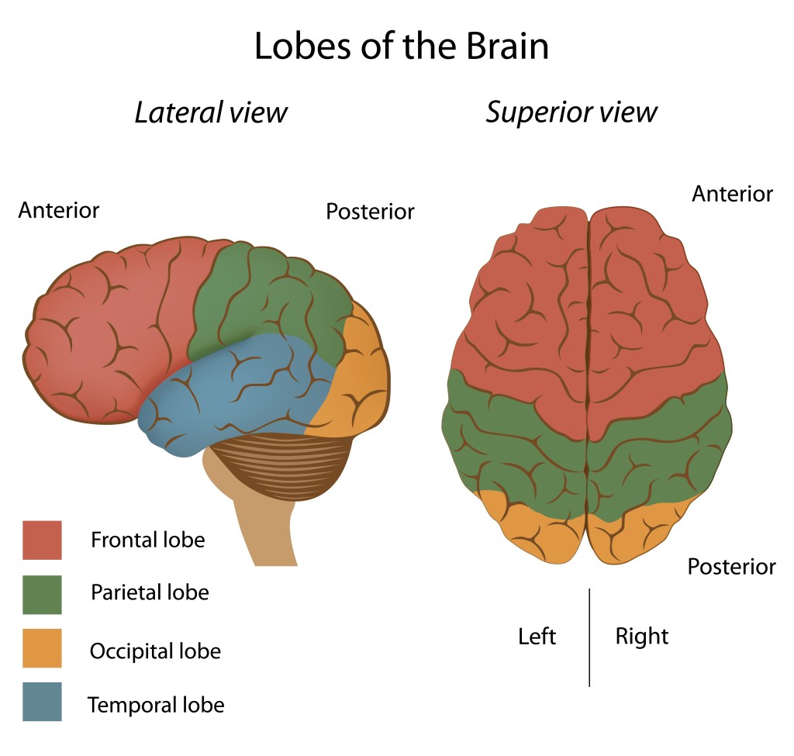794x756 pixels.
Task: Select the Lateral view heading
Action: [211, 112]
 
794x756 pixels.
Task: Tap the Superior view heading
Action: [571, 112]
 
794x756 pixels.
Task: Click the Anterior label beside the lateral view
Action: [59, 210]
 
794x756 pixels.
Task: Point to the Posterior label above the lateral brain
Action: [370, 212]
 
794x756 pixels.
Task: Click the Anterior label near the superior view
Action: [732, 193]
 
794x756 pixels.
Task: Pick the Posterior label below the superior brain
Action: [731, 567]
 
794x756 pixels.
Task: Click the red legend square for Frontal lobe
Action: [42, 540]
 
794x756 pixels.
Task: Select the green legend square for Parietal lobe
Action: [42, 594]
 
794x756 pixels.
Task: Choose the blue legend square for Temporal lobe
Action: [42, 702]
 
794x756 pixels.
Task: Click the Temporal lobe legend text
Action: [156, 705]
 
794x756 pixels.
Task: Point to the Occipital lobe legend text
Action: [155, 651]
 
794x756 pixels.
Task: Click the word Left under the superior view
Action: [537, 637]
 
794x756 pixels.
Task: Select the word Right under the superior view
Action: [642, 637]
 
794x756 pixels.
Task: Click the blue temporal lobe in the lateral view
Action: [233, 388]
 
